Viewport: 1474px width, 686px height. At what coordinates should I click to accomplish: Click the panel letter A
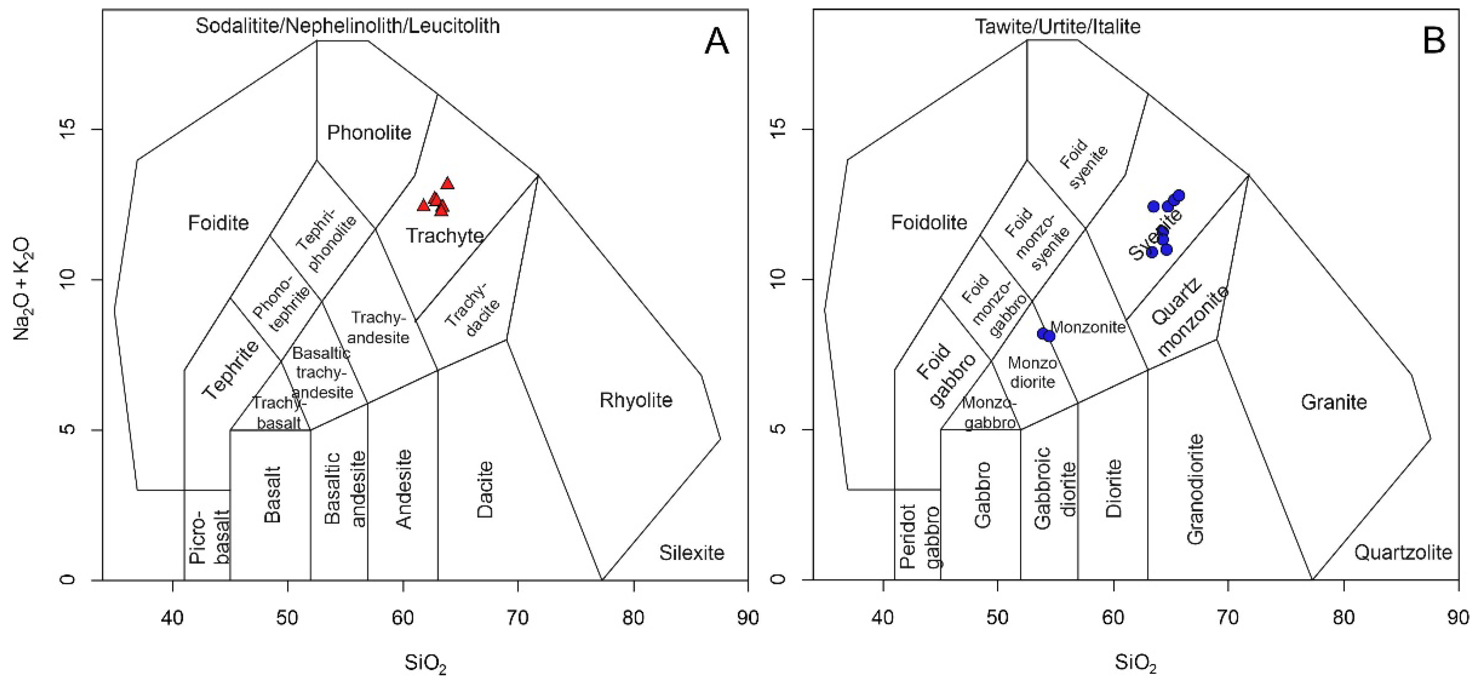(716, 41)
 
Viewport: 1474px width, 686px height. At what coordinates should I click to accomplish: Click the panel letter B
(1434, 41)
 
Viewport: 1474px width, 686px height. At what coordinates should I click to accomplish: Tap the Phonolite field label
(369, 133)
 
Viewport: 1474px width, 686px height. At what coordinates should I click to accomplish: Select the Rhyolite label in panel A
(636, 400)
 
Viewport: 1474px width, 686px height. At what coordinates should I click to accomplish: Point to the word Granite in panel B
(1334, 402)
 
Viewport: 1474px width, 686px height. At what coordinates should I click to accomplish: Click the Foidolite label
(929, 222)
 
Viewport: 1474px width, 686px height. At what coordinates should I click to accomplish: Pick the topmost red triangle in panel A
(448, 184)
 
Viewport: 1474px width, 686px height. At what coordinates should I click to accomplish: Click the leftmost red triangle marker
(423, 205)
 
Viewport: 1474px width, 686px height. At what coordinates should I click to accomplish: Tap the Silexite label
(691, 553)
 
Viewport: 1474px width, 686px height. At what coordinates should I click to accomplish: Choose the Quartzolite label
(1403, 552)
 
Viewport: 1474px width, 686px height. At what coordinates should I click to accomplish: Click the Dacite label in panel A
(485, 489)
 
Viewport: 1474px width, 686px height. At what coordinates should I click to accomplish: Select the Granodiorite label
(1195, 489)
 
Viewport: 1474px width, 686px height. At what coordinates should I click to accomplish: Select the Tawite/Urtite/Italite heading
(1058, 26)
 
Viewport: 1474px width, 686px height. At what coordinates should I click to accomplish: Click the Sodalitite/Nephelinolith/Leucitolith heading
(347, 26)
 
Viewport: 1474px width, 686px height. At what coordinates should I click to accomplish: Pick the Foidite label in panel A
(218, 222)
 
